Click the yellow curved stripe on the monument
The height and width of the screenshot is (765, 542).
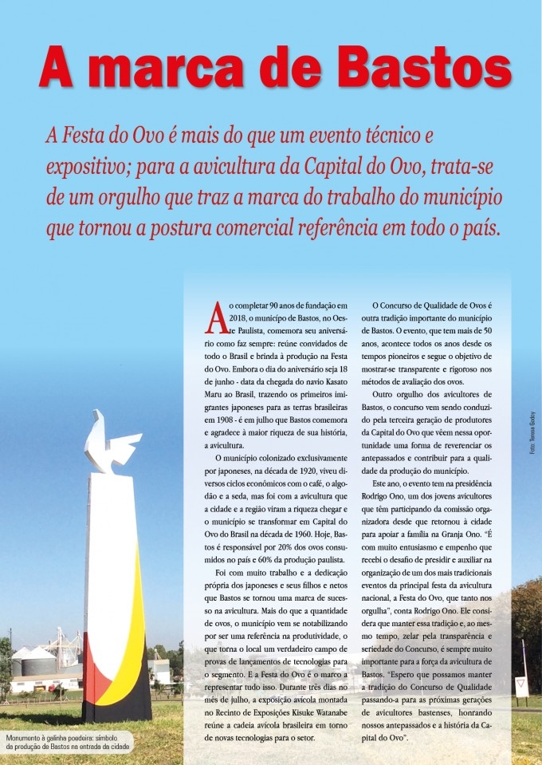135,606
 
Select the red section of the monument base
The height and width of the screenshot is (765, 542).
91,678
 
